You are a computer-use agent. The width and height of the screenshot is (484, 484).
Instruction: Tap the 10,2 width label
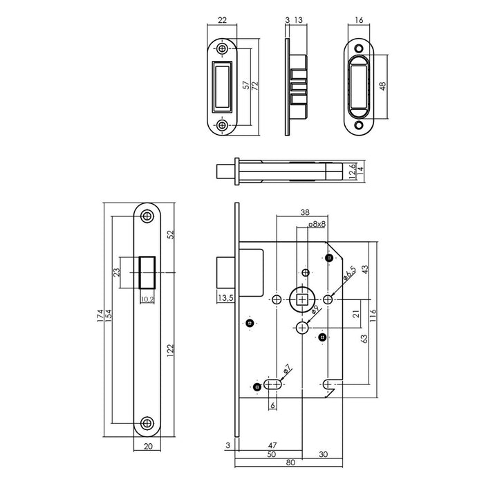[x=146, y=299]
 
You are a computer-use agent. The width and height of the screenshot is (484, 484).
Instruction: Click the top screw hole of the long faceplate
[x=146, y=216]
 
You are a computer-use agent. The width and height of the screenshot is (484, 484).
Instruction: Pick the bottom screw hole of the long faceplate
[x=146, y=423]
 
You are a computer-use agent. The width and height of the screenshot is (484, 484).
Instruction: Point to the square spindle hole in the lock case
[x=303, y=299]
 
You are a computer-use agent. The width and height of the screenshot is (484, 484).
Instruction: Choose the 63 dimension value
[x=364, y=339]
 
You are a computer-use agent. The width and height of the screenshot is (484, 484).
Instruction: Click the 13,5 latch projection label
[x=225, y=299]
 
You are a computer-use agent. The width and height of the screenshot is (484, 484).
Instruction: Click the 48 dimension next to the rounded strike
[x=384, y=88]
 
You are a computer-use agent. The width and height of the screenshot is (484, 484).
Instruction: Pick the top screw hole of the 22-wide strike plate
[x=222, y=50]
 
